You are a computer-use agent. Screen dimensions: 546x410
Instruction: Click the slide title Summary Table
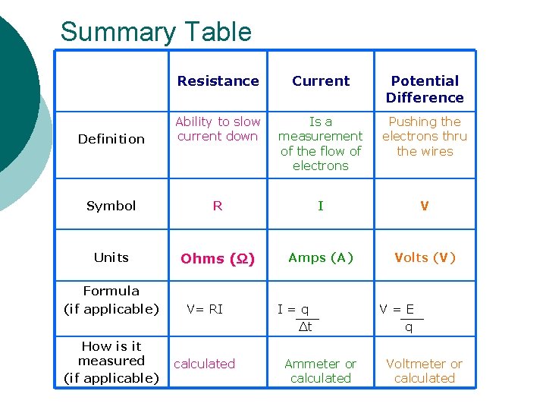(155, 32)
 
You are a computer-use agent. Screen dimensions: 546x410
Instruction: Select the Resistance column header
(218, 81)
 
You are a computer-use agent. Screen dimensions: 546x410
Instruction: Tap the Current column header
(321, 81)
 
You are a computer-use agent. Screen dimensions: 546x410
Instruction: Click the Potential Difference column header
(425, 89)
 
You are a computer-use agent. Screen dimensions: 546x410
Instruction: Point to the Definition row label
(111, 139)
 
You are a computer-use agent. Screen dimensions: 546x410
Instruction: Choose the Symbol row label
(111, 206)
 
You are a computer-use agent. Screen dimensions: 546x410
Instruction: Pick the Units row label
(111, 257)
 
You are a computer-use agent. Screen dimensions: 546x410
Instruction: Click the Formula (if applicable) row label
(111, 300)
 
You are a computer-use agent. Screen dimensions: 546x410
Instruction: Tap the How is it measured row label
(111, 361)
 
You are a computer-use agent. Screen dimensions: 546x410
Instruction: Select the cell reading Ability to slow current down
(218, 128)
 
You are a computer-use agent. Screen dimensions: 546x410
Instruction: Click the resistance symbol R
(218, 206)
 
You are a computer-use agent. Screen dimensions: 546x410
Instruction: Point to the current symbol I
(321, 206)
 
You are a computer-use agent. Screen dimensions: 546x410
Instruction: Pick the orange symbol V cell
(425, 206)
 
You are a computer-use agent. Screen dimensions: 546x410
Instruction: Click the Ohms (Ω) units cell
(218, 258)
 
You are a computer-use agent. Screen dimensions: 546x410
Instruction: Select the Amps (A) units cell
(321, 257)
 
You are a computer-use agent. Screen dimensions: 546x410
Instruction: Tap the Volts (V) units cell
(425, 257)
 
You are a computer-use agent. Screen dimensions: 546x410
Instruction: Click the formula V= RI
(205, 309)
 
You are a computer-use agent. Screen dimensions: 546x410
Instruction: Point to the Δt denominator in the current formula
(305, 327)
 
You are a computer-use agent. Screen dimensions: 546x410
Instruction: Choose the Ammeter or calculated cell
(321, 371)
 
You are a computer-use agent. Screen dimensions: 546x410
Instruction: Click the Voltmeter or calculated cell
(425, 371)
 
